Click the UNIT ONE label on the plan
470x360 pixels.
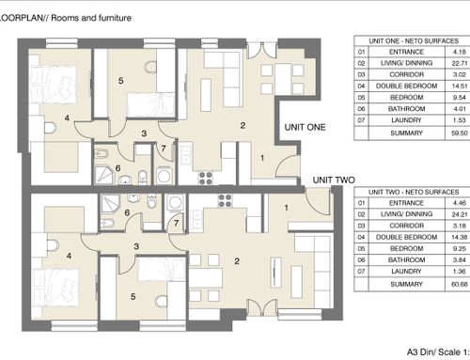coord(305,127)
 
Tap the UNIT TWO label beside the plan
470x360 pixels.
coord(334,180)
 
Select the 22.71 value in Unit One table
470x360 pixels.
coord(460,63)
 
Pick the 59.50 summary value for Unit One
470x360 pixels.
coord(460,133)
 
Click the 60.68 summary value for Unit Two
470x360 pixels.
coord(460,284)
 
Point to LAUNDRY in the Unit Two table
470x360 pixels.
coord(406,272)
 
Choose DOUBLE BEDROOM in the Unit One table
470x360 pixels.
coord(406,86)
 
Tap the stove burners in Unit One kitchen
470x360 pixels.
coord(206,178)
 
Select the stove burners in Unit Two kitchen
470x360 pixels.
coord(225,201)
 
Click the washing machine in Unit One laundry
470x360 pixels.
coord(164,176)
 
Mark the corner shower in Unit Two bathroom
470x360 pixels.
coord(110,205)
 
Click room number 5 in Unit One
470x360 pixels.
coord(121,81)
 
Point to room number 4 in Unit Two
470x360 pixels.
coord(69,256)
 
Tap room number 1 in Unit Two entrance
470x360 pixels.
coord(286,208)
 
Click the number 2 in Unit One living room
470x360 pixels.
coord(243,125)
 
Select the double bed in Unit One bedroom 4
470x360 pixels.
coord(53,85)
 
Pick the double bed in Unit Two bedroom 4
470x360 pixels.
coord(55,288)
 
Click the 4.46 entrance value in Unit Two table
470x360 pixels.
coord(460,203)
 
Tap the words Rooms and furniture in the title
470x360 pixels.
coord(91,18)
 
